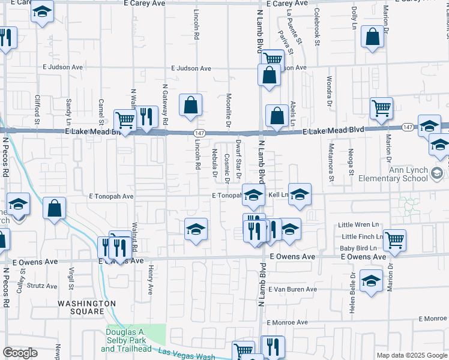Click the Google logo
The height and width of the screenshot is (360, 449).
tap(20, 353)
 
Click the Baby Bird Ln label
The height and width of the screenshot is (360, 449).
tap(358, 248)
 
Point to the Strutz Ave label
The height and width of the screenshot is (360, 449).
tap(45, 286)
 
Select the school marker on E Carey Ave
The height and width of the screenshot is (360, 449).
tap(42, 11)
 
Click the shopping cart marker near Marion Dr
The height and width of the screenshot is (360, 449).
tap(382, 108)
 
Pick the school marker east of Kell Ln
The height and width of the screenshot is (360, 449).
tap(300, 194)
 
